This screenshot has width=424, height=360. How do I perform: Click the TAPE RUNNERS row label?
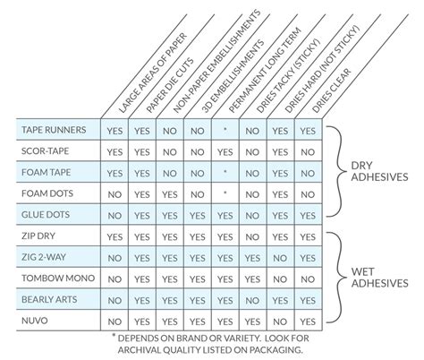pos(54,130)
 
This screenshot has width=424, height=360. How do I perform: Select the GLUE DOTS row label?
pos(46,215)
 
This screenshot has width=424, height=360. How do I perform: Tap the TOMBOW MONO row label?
pos(58,279)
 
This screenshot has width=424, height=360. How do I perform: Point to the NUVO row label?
pos(35,321)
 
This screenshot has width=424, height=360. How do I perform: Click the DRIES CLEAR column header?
pos(332,90)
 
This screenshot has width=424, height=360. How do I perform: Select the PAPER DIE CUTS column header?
pos(170,85)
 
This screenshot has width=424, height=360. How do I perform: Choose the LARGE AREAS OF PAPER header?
pos(153,73)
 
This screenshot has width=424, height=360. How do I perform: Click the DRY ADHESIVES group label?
pos(379,171)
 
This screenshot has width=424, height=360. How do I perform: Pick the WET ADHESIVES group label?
pos(379,278)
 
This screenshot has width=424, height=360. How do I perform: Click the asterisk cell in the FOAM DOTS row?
pos(225,193)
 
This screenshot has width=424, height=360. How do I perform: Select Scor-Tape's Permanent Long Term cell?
pos(225,152)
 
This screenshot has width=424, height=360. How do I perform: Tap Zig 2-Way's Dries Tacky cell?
pos(252,258)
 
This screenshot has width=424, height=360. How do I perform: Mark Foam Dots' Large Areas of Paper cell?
pos(114,194)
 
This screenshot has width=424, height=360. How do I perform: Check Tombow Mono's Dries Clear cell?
pos(308,279)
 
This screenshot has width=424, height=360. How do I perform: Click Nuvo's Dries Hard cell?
pos(280,321)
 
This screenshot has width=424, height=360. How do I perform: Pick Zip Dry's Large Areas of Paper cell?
pos(114,237)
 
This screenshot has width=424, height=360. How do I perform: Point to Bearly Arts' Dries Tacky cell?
pos(252,301)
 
